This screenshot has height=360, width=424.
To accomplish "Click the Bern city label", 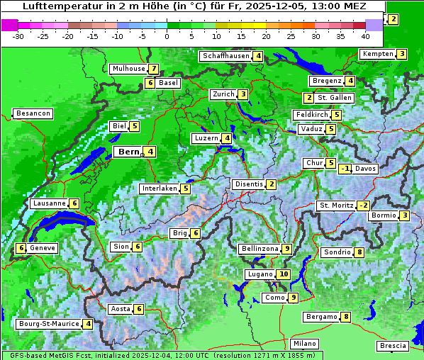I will point(129,152).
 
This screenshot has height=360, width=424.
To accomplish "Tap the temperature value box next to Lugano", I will point(284,274).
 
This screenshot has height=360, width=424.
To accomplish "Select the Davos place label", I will point(366,169).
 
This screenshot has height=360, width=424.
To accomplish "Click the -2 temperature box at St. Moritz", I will point(363,206).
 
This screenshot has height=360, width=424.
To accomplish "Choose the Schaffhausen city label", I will point(225,56).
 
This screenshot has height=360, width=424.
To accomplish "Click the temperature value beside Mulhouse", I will point(152,69).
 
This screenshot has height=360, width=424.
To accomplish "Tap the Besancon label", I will point(33,113).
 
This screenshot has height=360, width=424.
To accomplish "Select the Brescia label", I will point(394,346).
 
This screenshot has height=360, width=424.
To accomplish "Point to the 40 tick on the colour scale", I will point(365,36).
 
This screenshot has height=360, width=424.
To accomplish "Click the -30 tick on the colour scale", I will point(18,36).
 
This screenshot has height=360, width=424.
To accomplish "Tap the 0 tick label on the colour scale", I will point(167,36).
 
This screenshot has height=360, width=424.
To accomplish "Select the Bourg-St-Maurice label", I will point(48,324).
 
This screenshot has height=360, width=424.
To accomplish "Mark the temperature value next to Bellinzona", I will point(286,249).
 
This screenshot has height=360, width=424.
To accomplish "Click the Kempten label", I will point(377,54).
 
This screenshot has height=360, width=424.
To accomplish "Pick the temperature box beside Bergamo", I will point(345,317).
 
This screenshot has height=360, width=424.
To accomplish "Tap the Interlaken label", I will point(159,189).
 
